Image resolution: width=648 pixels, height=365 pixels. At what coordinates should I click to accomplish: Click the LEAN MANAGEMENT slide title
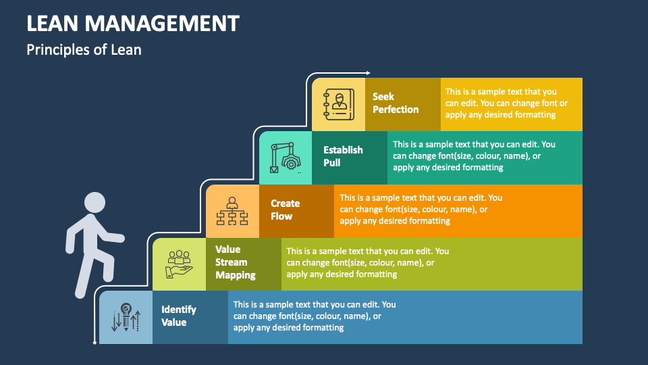pyautogui.click(x=133, y=23)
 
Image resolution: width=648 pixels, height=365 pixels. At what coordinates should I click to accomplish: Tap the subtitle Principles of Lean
pyautogui.click(x=84, y=49)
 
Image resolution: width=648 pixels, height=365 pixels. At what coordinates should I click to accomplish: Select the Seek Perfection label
pyautogui.click(x=396, y=103)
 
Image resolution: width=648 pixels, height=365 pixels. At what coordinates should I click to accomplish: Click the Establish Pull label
pyautogui.click(x=343, y=156)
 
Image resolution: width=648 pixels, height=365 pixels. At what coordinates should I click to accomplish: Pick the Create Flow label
pyautogui.click(x=285, y=210)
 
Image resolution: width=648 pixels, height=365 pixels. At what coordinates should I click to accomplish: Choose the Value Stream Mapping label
pyautogui.click(x=235, y=262)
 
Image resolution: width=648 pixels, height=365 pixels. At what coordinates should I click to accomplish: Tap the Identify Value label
pyautogui.click(x=178, y=316)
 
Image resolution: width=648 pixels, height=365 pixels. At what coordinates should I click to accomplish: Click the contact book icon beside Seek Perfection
pyautogui.click(x=337, y=104)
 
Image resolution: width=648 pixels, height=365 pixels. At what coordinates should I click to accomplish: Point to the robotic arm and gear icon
pyautogui.click(x=285, y=157)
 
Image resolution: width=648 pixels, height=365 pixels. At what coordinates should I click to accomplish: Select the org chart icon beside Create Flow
pyautogui.click(x=232, y=210)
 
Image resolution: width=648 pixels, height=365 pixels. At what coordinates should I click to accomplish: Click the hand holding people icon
pyautogui.click(x=179, y=264)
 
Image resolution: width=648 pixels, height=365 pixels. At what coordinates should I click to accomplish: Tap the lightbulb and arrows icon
pyautogui.click(x=126, y=316)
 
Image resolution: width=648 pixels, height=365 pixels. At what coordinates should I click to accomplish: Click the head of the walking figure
pyautogui.click(x=94, y=203)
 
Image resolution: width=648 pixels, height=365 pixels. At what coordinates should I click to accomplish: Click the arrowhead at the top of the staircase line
pyautogui.click(x=369, y=72)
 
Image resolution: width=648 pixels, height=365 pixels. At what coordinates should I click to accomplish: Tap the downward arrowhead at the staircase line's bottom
pyautogui.click(x=94, y=343)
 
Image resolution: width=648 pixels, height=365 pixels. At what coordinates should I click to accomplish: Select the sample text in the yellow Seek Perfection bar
pyautogui.click(x=506, y=103)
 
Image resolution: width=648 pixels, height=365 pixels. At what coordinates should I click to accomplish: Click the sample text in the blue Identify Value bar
pyautogui.click(x=315, y=316)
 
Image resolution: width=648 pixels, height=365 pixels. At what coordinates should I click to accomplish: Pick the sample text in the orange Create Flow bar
pyautogui.click(x=421, y=210)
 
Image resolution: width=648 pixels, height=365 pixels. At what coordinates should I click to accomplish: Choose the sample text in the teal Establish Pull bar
pyautogui.click(x=474, y=155)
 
